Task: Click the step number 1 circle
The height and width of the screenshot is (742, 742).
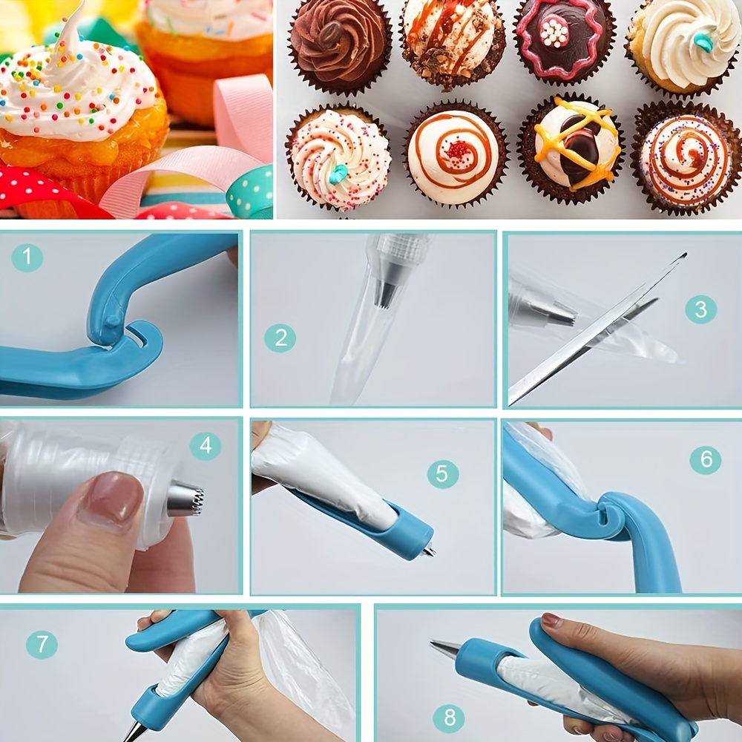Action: (x=27, y=257)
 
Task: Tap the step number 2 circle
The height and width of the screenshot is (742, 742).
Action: (x=280, y=338)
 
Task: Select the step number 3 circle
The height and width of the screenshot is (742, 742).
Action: (x=700, y=309)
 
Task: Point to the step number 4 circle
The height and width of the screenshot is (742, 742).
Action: (x=206, y=444)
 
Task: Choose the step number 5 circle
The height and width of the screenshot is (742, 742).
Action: (x=442, y=473)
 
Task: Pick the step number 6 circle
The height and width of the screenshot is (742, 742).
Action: (x=705, y=459)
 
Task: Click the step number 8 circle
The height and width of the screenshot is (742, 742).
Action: (x=449, y=718)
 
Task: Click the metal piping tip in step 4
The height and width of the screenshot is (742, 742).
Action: (x=185, y=499)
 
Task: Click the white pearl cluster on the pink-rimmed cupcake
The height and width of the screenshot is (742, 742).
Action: (x=554, y=32)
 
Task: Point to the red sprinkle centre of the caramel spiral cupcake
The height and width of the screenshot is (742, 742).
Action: (x=458, y=151)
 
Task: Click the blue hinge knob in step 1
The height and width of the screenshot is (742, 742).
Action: (x=113, y=322)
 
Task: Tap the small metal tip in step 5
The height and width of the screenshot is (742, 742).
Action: (x=430, y=551)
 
